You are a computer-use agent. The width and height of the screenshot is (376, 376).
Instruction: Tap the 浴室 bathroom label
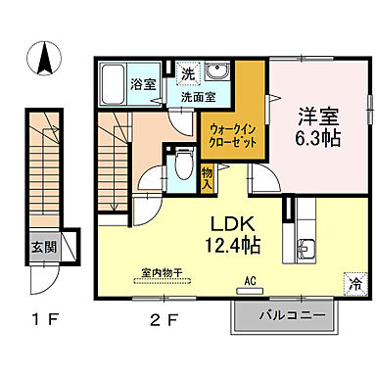point(142,84)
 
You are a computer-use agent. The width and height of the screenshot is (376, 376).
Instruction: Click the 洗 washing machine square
point(187,71)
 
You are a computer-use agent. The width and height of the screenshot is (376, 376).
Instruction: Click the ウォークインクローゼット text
point(228,133)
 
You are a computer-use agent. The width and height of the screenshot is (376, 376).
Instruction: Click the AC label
point(250,279)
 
